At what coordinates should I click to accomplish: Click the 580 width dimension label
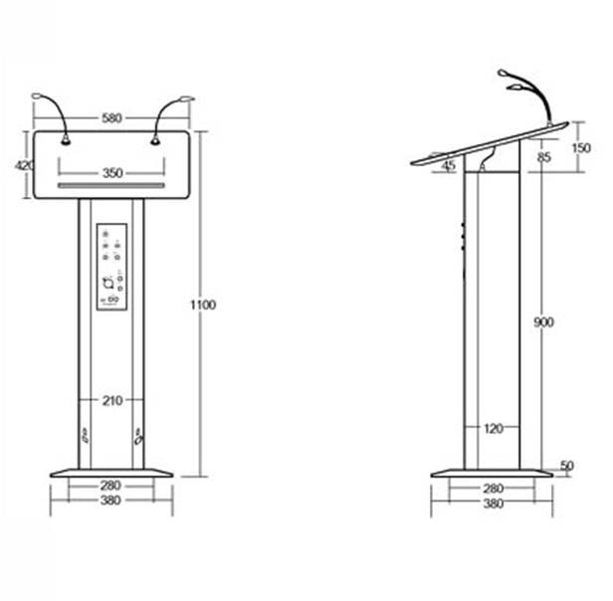[111, 118]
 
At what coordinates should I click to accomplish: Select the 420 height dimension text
[24, 165]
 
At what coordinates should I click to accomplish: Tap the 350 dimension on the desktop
[111, 173]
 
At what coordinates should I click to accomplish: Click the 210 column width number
[111, 401]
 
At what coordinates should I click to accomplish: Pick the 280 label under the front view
[110, 486]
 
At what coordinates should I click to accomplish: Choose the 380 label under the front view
[110, 501]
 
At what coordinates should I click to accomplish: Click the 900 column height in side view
[543, 322]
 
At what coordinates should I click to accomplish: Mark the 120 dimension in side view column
[492, 429]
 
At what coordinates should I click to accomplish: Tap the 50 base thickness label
[567, 466]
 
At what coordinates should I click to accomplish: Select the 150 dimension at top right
[582, 148]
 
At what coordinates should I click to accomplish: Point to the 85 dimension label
[543, 156]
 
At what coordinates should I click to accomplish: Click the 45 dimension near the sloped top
[449, 166]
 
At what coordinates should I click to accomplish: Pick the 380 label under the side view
[492, 503]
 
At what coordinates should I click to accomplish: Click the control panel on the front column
[111, 269]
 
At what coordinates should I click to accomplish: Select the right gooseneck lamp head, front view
[186, 99]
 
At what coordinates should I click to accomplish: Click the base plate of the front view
[111, 473]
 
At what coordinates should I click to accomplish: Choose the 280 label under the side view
[492, 489]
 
